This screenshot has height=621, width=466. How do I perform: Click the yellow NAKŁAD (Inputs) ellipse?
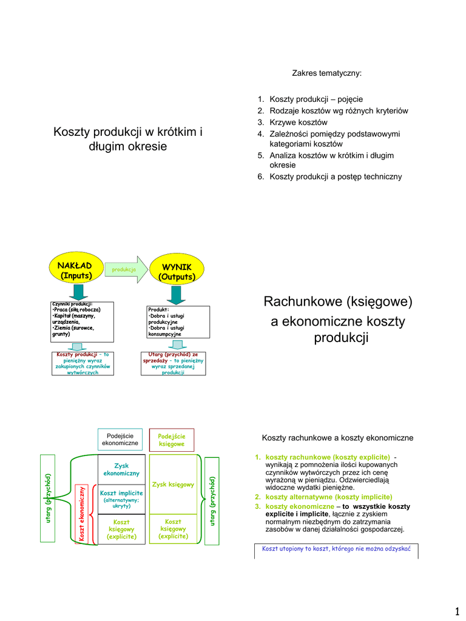coord(75,270)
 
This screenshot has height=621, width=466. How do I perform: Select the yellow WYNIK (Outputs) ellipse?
coord(176,271)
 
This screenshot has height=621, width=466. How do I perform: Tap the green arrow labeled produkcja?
coord(125,269)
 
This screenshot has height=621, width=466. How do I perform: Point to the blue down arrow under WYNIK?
coord(176,294)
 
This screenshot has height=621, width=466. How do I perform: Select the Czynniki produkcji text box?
coord(82,322)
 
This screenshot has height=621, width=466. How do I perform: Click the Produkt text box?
coord(178,322)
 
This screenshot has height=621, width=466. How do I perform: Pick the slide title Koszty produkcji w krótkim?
coord(128,139)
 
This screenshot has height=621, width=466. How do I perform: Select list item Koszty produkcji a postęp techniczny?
coord(336,176)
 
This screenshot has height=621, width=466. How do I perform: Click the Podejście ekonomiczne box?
coord(120,440)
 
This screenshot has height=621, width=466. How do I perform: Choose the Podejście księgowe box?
coord(172,440)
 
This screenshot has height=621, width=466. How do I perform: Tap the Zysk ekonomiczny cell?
coord(121,469)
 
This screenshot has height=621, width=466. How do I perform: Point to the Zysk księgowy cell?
coord(173,485)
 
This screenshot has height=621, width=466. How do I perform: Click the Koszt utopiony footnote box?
coord(336,549)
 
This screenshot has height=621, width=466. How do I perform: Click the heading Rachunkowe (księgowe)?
coord(337,301)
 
